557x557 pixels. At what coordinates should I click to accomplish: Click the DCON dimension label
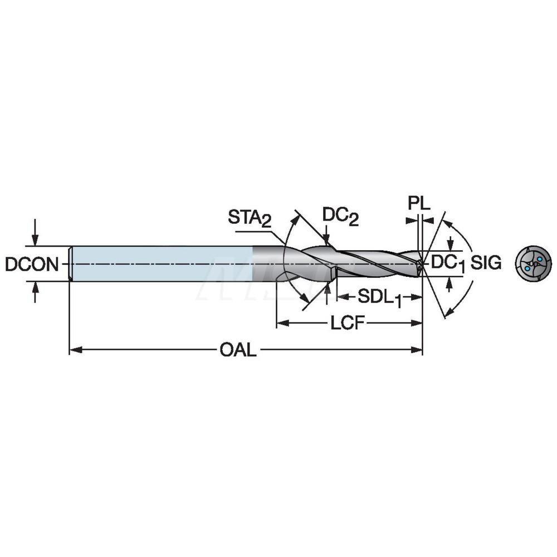point(32,263)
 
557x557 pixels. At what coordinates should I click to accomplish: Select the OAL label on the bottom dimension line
point(238,350)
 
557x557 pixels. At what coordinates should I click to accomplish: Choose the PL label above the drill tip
point(419,203)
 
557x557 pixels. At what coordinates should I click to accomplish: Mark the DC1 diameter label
point(448,263)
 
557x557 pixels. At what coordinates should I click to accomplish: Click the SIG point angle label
point(486,263)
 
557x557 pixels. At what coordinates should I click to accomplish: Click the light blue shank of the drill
point(162,263)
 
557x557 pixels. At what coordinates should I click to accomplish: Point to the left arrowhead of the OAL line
point(74,350)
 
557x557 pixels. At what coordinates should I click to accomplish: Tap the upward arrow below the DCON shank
point(36,287)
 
